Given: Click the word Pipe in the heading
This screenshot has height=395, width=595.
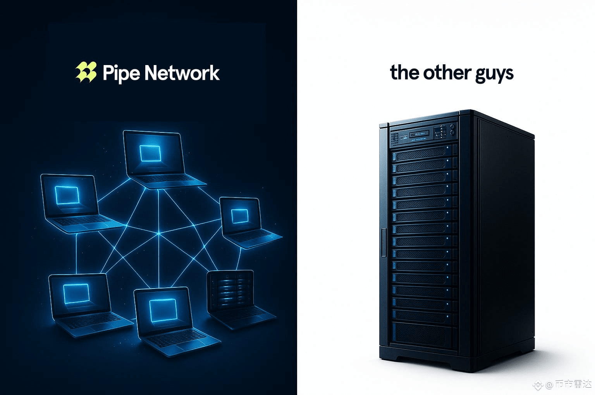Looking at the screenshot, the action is pyautogui.click(x=120, y=73).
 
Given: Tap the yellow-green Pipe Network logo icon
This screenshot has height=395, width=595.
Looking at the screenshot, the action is pyautogui.click(x=86, y=72).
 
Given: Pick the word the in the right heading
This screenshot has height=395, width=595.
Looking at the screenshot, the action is pyautogui.click(x=404, y=72).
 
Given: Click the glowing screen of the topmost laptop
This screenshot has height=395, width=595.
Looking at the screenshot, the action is pyautogui.click(x=150, y=153).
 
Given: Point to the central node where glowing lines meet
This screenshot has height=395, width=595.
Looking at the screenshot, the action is pyautogui.click(x=158, y=234).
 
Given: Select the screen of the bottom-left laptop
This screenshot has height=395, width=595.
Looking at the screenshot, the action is pyautogui.click(x=76, y=293).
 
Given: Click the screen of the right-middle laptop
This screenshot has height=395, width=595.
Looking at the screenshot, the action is pyautogui.click(x=239, y=216).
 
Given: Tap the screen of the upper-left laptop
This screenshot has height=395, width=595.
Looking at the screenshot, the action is pyautogui.click(x=67, y=195).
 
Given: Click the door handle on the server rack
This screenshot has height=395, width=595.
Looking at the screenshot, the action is pyautogui.click(x=383, y=242).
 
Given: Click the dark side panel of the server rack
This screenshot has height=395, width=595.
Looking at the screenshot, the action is pyautogui.click(x=504, y=240).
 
